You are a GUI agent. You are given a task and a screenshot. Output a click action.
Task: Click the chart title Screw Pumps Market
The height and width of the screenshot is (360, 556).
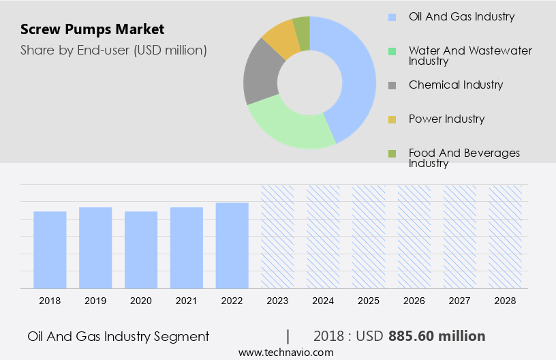(92, 29)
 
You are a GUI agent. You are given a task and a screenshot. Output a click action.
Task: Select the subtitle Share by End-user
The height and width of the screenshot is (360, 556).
(113, 50)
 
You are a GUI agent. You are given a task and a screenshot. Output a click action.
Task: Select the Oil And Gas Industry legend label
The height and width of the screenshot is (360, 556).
(461, 16)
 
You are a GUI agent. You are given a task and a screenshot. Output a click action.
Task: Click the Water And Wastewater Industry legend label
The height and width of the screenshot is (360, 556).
(470, 55)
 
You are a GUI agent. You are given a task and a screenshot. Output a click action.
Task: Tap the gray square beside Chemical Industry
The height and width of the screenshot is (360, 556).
(392, 85)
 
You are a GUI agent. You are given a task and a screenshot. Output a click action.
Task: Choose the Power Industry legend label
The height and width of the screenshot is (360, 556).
(446, 119)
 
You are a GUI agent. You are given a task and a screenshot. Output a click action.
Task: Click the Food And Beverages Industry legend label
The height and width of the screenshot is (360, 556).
(464, 157)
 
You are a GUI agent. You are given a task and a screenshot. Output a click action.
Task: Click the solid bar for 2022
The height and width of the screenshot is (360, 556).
(232, 245)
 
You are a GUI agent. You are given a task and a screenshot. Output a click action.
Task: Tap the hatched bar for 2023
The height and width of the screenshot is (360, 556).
(277, 237)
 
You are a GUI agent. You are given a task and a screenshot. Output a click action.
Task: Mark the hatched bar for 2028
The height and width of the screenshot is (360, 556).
(505, 237)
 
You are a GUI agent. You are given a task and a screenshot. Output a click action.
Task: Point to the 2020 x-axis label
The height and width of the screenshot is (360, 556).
(141, 301)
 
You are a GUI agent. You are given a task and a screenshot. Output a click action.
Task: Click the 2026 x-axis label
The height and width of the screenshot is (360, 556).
(414, 301)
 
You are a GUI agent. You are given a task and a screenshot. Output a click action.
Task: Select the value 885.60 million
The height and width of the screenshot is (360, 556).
(437, 336)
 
